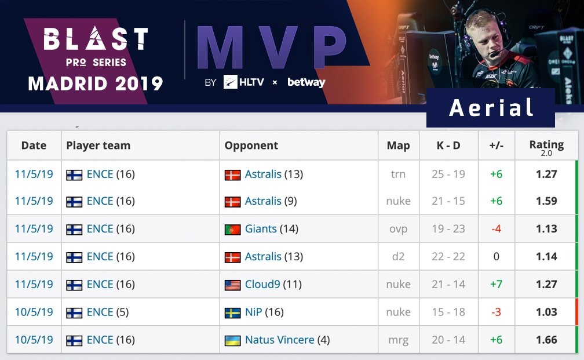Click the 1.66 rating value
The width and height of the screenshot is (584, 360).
(x=546, y=340)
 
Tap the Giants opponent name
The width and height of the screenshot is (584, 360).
(x=261, y=229)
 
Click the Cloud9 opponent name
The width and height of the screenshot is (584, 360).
(x=262, y=285)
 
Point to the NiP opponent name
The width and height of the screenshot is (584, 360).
(x=254, y=312)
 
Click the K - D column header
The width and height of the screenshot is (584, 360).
(x=448, y=146)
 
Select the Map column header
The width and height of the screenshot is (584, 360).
(x=398, y=146)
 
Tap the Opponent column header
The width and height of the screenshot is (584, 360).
(x=251, y=146)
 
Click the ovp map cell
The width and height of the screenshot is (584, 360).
(x=398, y=229)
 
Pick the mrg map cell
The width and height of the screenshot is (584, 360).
(x=398, y=340)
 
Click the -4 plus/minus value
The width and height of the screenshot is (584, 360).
(x=496, y=229)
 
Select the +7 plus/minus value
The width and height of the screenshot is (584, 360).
(x=496, y=285)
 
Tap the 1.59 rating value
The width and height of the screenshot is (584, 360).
(x=546, y=201)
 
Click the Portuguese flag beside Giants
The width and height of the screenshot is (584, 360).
(x=232, y=230)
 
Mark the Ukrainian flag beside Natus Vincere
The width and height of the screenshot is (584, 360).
(x=232, y=341)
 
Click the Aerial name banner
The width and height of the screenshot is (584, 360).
(x=491, y=108)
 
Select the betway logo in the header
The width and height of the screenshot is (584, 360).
(x=306, y=82)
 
